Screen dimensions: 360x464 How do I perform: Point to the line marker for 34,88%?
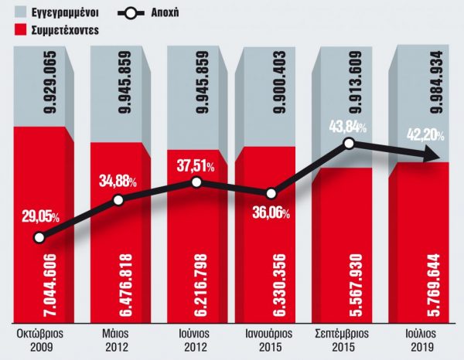tap(118, 200)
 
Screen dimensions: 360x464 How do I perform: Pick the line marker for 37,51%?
tap(196, 182)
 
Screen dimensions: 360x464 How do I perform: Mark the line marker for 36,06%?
tap(271, 195)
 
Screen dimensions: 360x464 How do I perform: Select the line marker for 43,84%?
tap(349, 144)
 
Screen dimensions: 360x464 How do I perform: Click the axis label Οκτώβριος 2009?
tap(42, 341)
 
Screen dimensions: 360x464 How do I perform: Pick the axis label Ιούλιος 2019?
tap(423, 341)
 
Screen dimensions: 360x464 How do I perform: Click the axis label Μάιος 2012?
tap(118, 341)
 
